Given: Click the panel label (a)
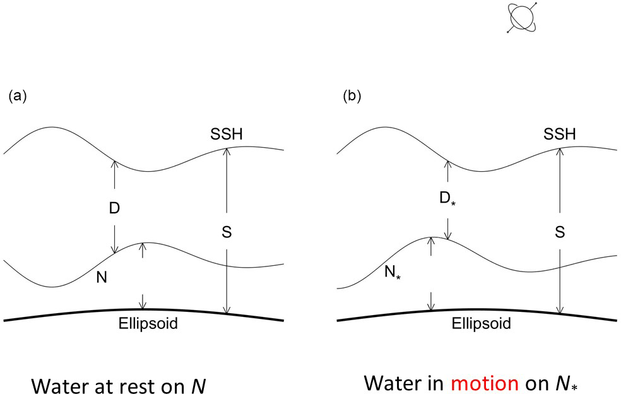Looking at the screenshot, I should click(x=16, y=97).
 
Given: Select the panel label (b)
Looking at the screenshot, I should click(x=352, y=97).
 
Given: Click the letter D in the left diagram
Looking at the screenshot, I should click(x=114, y=207).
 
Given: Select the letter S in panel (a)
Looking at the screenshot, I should click(x=227, y=233).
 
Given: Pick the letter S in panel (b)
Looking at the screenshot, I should click(x=560, y=232).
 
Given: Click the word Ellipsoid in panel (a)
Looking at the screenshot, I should click(x=148, y=325).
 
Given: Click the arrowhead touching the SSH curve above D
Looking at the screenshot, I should click(x=114, y=163).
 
